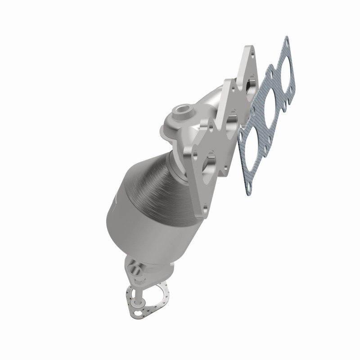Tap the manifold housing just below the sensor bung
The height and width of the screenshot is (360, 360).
click(x=180, y=130)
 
